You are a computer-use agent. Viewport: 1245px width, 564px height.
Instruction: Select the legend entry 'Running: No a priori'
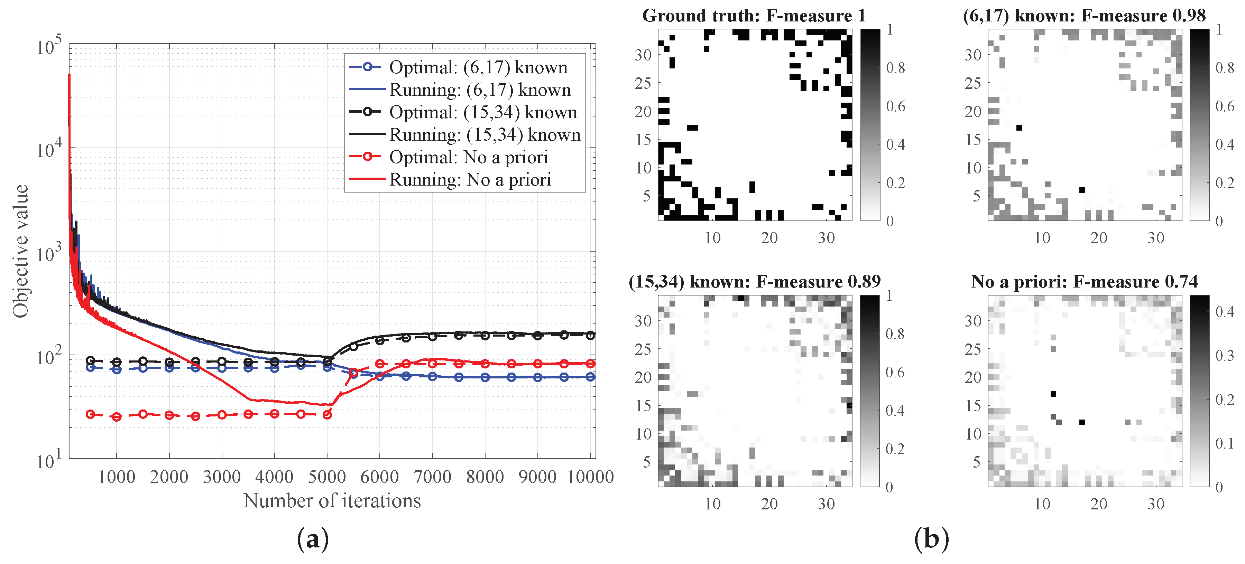pos(470,180)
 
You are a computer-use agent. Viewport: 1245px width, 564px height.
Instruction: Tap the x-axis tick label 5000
pos(327,477)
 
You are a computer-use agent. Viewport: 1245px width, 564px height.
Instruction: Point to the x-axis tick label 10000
pos(590,477)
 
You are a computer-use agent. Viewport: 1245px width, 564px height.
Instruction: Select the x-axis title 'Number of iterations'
pos(332,501)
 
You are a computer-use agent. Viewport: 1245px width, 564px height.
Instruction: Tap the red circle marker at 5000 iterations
pos(327,414)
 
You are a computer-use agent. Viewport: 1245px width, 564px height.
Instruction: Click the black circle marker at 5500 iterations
pos(353,346)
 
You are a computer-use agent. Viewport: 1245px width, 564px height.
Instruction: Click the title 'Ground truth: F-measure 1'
pos(754,16)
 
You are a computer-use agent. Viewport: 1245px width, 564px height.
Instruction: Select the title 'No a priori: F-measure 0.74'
pos(1084,282)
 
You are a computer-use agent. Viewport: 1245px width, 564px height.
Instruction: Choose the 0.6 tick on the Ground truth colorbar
pos(895,106)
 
